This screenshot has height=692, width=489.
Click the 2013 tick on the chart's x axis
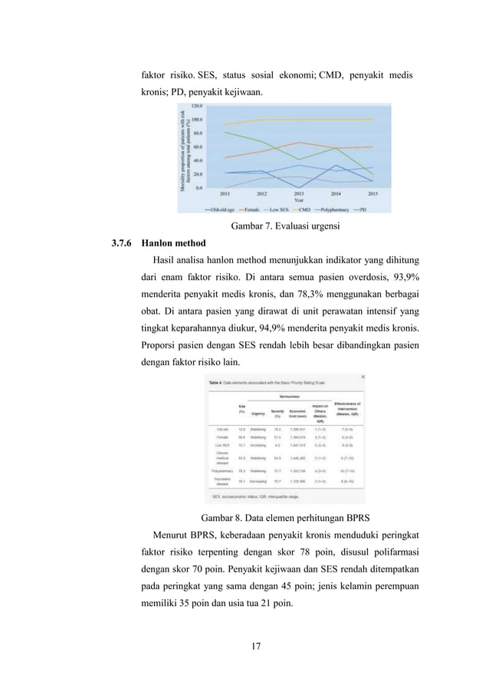(x=299, y=194)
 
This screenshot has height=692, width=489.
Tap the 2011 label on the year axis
(x=225, y=194)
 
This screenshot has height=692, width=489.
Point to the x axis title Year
(x=299, y=200)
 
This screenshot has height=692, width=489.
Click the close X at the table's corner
(x=362, y=377)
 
